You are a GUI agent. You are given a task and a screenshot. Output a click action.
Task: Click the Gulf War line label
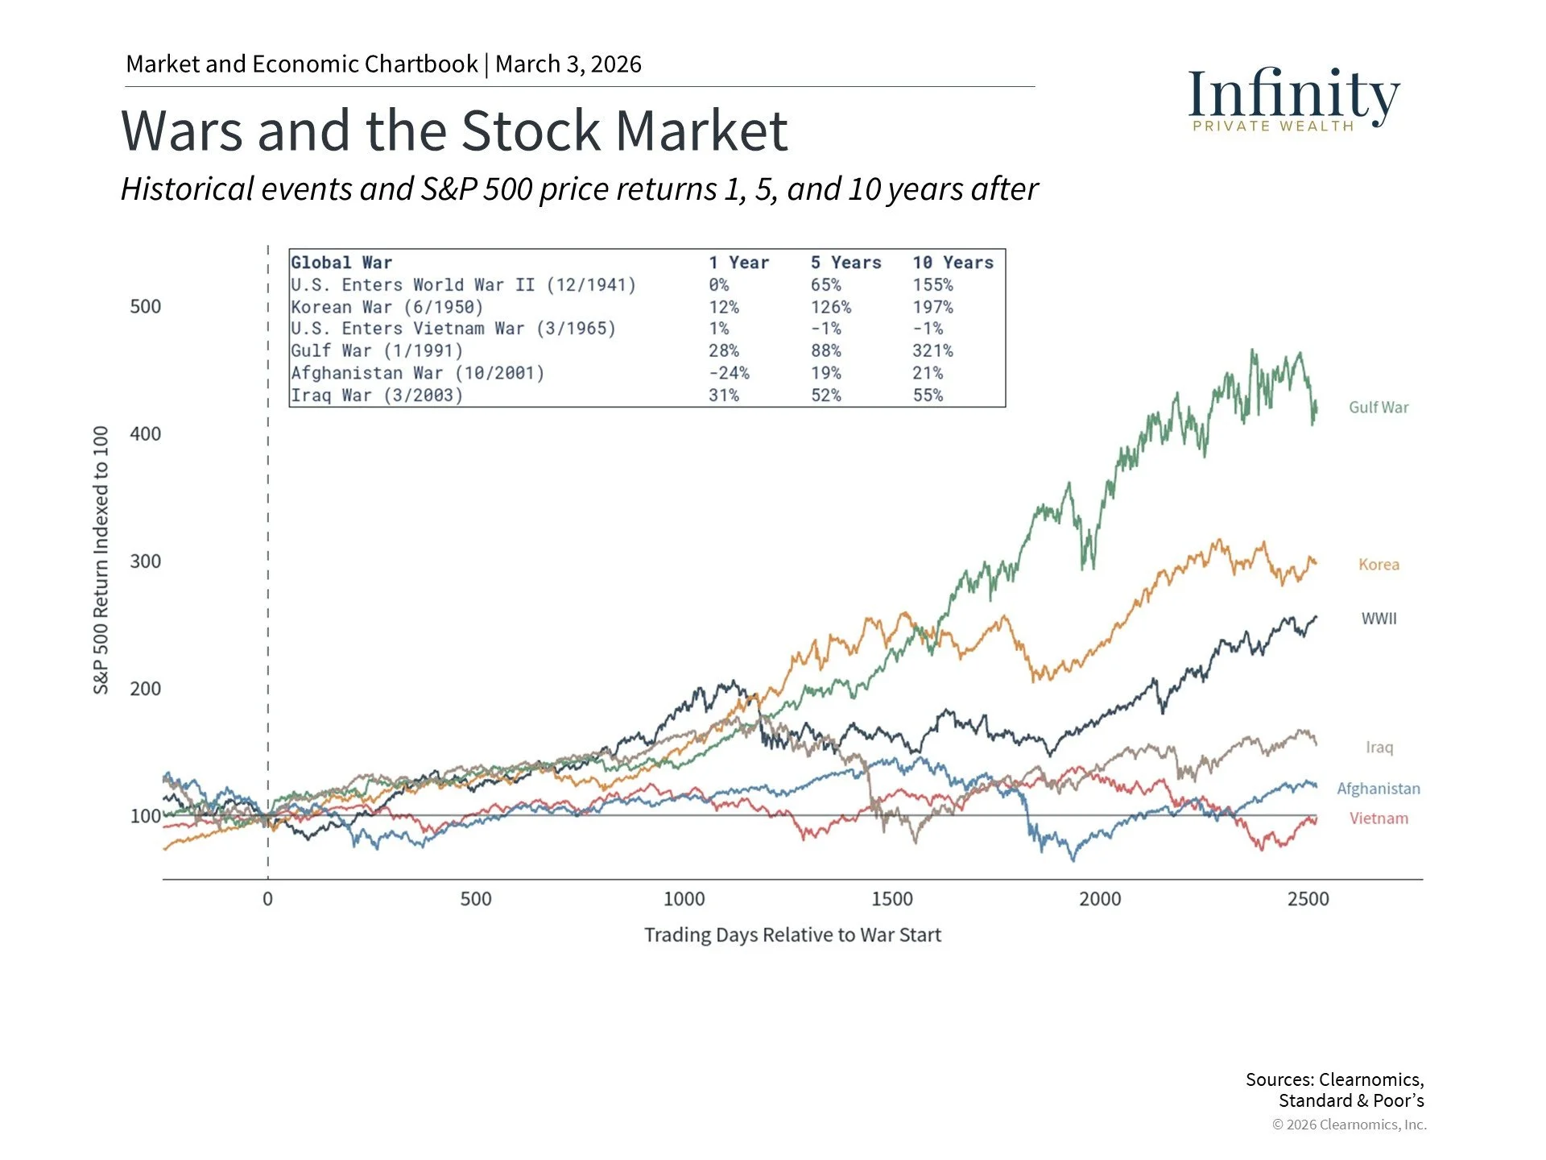click(x=1379, y=408)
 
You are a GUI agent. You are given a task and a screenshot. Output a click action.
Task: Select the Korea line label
click(x=1379, y=565)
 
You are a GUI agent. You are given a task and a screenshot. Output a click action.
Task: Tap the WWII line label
click(x=1379, y=619)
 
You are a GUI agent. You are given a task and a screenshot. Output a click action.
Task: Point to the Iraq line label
click(x=1379, y=748)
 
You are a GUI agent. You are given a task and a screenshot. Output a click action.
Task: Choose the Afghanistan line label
click(x=1379, y=789)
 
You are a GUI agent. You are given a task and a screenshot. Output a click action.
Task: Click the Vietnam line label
click(x=1379, y=818)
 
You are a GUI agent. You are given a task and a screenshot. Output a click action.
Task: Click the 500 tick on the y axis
click(x=146, y=307)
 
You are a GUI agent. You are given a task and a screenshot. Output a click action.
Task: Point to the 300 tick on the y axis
click(x=146, y=561)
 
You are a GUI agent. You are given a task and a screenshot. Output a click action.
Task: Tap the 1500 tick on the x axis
click(x=891, y=899)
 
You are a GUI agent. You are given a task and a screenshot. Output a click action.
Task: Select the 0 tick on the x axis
click(x=267, y=899)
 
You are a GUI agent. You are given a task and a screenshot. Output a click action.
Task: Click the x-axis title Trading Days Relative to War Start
click(x=792, y=935)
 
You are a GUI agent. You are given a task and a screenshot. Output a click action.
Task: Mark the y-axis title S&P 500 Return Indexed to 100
click(x=101, y=560)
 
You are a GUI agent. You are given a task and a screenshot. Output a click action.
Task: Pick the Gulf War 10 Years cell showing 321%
click(x=932, y=351)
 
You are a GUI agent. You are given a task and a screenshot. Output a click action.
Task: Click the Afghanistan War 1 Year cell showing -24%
click(x=729, y=373)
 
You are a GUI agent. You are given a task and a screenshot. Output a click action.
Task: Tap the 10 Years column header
click(x=953, y=263)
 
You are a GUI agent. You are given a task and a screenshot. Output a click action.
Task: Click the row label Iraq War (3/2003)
click(x=377, y=396)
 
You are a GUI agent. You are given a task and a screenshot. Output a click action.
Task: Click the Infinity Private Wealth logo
click(x=1293, y=98)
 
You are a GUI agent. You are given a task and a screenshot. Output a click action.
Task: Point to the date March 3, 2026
click(x=568, y=64)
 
